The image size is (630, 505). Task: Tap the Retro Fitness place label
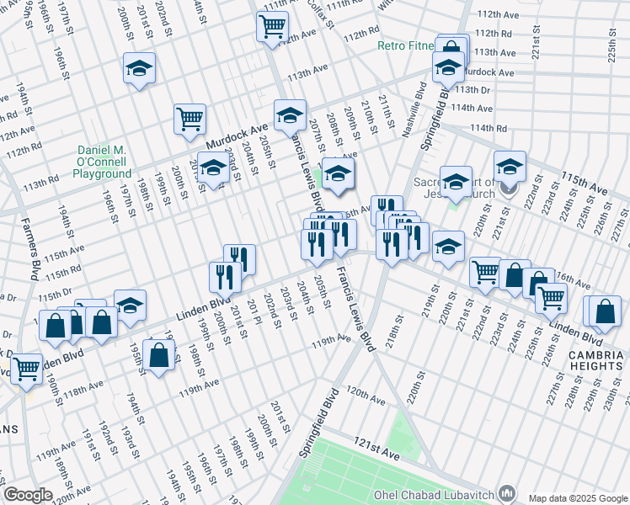[x=405, y=45]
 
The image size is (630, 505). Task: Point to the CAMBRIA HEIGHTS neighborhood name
[x=595, y=361]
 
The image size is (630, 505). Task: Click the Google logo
[x=28, y=495]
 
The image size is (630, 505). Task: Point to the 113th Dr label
[x=472, y=89]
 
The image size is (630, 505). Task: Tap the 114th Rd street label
[x=489, y=128]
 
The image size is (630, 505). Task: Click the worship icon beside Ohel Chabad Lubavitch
[x=507, y=492]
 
